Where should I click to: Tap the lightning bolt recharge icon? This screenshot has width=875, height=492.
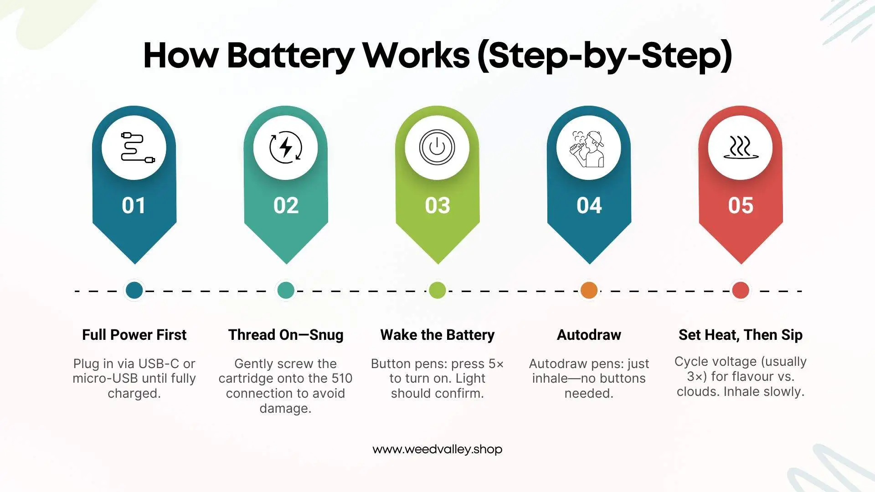click(x=286, y=147)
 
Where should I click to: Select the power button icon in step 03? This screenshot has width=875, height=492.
click(x=437, y=147)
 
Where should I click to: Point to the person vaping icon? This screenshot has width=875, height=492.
click(x=588, y=148)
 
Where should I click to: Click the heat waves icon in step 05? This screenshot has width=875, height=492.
click(x=741, y=148)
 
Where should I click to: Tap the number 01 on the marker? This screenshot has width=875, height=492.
click(x=134, y=205)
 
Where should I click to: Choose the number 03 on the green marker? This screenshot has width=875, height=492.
click(x=437, y=205)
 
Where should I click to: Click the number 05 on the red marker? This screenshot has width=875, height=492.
click(x=741, y=205)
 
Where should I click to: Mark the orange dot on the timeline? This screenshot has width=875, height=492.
click(x=589, y=290)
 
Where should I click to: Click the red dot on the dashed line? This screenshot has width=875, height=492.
click(x=741, y=290)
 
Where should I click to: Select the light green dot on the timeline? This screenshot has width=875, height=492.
click(x=437, y=290)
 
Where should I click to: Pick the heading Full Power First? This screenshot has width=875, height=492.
click(x=134, y=335)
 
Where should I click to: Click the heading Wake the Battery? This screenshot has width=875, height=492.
click(x=437, y=335)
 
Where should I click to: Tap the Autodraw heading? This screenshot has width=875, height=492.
click(x=589, y=335)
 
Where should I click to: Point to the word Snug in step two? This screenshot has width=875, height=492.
click(x=326, y=335)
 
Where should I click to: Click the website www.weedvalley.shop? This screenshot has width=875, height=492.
click(x=437, y=449)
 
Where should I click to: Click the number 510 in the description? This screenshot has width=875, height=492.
click(x=342, y=379)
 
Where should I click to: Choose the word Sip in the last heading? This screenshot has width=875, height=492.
click(x=792, y=335)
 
